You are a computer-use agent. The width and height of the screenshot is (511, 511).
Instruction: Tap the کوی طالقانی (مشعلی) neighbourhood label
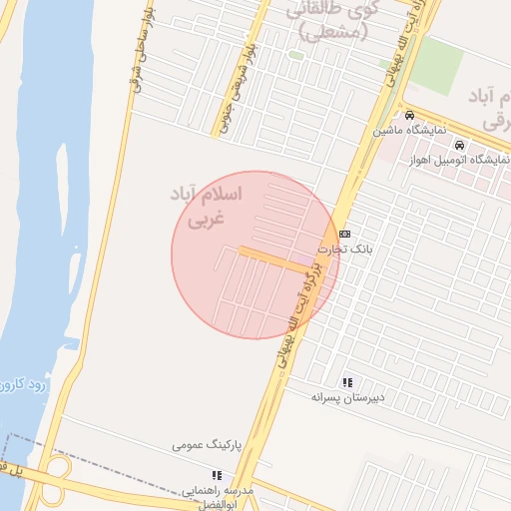point(333,20)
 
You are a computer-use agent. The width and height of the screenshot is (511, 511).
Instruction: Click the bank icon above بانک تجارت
point(345,234)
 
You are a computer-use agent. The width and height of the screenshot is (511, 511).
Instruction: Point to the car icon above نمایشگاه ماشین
point(409,114)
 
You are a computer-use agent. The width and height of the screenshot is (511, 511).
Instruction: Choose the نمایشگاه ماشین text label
point(409,131)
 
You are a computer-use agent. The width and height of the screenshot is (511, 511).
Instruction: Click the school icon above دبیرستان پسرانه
point(347,382)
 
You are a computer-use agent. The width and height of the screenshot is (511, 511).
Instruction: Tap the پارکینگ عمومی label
point(209,443)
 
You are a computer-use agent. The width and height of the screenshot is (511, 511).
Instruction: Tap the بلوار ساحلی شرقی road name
point(136,60)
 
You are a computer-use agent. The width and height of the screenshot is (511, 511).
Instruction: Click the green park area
point(436,65)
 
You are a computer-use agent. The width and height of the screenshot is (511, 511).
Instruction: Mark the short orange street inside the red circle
point(263,255)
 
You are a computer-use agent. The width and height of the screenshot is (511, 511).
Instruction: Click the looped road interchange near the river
point(58,469)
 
